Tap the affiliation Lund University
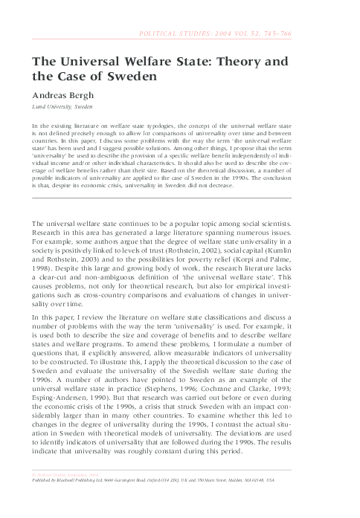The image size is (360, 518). [52, 107]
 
